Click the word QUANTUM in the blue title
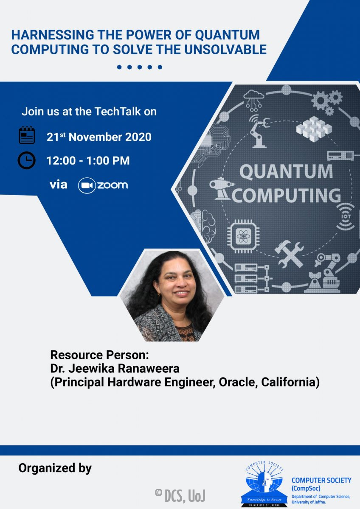(227, 35)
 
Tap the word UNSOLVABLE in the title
(225, 50)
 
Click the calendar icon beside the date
(27, 135)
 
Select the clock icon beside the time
(27, 160)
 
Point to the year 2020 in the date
(138, 137)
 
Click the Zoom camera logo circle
(87, 185)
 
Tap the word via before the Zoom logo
(59, 185)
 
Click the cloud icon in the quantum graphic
(253, 100)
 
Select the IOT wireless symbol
(346, 217)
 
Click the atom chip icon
(243, 236)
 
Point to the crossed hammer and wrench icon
(289, 254)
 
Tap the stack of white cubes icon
(314, 129)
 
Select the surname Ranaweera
(149, 368)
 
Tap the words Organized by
(55, 469)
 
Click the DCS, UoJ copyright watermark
(180, 495)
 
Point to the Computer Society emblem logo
(264, 484)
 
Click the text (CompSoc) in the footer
(306, 488)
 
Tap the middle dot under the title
(140, 67)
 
